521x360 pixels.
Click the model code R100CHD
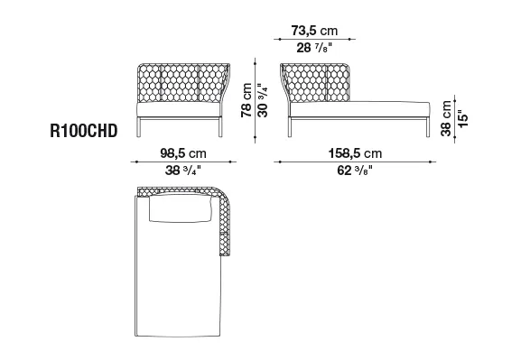[x=84, y=131]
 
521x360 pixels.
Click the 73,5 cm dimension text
[x=314, y=31]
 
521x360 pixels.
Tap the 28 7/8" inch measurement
[x=314, y=48]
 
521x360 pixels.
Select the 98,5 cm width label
[x=183, y=153]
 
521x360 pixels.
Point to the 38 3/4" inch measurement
[x=183, y=171]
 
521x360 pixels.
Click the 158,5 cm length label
[x=355, y=153]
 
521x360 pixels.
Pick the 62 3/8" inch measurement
[x=355, y=171]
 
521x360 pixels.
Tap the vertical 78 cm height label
[x=247, y=100]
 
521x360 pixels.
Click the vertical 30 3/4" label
[x=263, y=100]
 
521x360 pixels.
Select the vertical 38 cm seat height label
[x=446, y=118]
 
